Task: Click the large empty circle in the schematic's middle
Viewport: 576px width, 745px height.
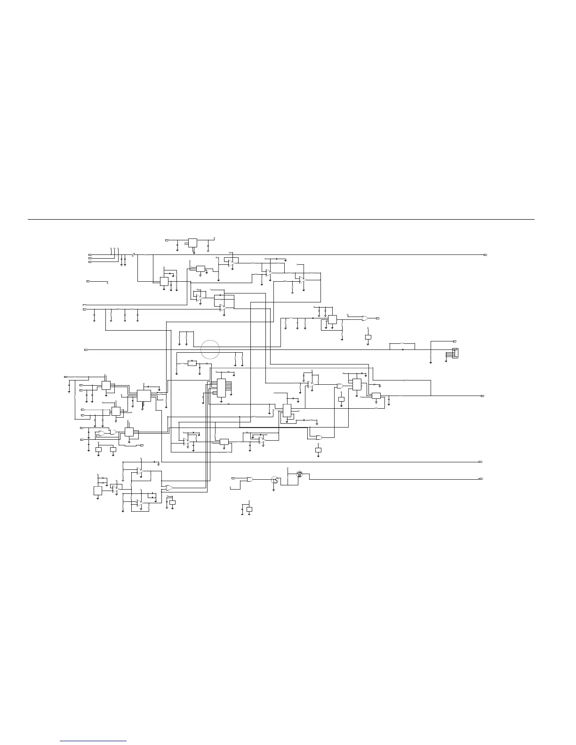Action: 210,349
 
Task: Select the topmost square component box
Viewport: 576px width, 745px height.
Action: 192,243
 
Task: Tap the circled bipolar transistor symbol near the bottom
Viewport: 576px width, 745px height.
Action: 274,480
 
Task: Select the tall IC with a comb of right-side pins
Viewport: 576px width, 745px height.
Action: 221,387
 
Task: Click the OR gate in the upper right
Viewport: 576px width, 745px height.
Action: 365,318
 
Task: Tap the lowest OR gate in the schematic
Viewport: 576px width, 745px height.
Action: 168,488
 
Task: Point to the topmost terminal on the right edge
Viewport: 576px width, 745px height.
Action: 485,254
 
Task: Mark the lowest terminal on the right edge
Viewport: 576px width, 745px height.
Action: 481,478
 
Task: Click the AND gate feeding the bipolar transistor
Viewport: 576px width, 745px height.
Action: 249,479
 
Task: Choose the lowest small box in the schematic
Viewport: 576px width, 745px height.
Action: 249,509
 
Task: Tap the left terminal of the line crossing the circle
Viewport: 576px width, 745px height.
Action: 85,350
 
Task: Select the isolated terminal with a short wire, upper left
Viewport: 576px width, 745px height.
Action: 88,281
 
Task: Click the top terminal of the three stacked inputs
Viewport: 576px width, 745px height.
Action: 90,254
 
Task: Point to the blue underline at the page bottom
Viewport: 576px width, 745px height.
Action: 94,741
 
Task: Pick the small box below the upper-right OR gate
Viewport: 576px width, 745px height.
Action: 368,337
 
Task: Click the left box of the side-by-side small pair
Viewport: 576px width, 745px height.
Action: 98,450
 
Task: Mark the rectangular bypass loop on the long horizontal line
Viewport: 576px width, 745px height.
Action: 402,347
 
